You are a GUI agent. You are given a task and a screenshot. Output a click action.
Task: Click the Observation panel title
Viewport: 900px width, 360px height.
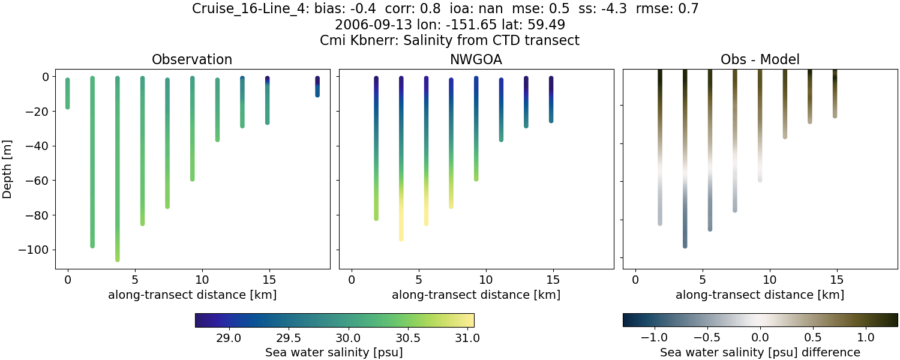pos(192,59)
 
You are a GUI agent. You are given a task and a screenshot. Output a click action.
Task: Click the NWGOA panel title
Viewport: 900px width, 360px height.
pos(476,59)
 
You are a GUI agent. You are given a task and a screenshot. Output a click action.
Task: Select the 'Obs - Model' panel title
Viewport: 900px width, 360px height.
pos(760,59)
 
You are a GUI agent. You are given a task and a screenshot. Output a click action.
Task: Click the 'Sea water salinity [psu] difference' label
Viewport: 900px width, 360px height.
pos(760,352)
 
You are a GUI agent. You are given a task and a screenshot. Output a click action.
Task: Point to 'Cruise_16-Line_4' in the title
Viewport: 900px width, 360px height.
pos(242,9)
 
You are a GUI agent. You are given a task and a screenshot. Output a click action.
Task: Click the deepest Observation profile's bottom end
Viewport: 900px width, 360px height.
pos(118,259)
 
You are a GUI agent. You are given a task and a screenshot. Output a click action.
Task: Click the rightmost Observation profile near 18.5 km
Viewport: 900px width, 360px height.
pos(317,86)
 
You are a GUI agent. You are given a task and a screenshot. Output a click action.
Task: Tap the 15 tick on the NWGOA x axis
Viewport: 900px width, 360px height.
pos(553,280)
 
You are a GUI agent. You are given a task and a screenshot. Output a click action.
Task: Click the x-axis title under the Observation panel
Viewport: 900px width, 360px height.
pos(192,295)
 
